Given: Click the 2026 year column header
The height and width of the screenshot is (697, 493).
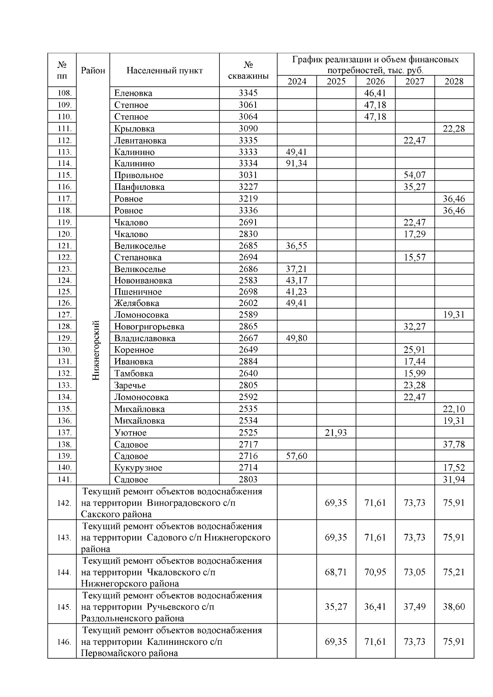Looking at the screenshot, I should [376, 81].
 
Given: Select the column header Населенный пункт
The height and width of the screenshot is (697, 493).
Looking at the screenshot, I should [164, 71].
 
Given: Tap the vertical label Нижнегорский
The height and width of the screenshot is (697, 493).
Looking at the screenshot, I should [96, 350].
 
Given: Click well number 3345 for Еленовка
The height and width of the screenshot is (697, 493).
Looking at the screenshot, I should [248, 93].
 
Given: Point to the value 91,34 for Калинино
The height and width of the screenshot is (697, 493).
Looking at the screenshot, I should [297, 163].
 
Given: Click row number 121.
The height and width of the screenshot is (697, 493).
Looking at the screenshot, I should [65, 246].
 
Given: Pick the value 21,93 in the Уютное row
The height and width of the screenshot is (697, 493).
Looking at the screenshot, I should [336, 432].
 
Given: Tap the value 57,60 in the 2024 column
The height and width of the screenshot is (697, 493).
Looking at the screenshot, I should [297, 456].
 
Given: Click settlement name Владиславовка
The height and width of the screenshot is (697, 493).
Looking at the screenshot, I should [145, 338].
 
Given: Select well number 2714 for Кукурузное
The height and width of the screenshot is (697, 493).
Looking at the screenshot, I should [248, 468].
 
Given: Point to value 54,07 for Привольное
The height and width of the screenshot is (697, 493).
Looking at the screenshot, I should [415, 175].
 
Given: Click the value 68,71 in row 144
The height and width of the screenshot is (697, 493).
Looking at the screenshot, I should [336, 572].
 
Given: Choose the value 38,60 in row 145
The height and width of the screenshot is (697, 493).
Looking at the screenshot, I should [454, 607].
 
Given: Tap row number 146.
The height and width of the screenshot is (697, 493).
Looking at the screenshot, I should [64, 642].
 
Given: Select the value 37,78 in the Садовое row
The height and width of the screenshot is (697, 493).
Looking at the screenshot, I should [454, 444].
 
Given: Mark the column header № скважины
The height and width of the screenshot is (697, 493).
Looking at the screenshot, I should [248, 71].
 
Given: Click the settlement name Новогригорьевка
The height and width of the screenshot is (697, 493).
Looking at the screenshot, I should [149, 327].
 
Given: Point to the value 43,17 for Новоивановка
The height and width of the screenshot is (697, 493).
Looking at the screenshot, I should [297, 281].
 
